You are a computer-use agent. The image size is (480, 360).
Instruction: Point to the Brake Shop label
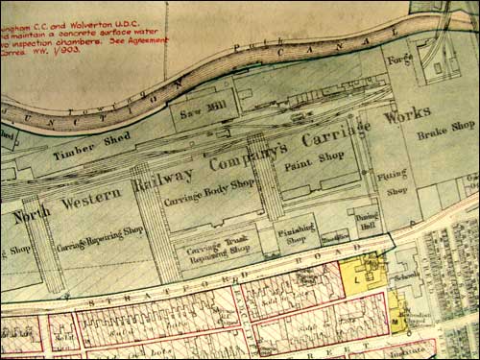click(448, 126)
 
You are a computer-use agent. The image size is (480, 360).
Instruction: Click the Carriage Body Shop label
click(208, 193)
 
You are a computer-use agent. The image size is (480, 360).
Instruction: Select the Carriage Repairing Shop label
click(100, 241)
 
